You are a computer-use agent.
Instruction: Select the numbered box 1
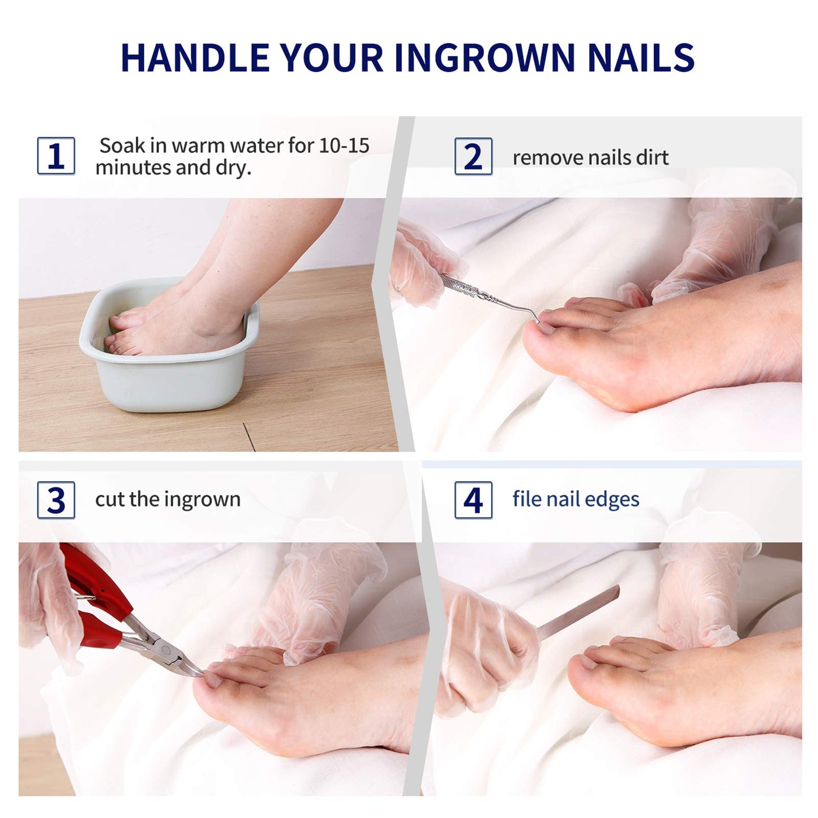56,156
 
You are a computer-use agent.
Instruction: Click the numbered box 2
473,156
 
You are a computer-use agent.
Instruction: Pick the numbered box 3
56,500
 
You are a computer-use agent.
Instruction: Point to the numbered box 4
473,500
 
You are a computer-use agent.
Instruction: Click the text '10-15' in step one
344,145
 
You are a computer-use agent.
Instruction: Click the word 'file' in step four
527,498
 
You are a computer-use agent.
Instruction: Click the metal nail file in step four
578,612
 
